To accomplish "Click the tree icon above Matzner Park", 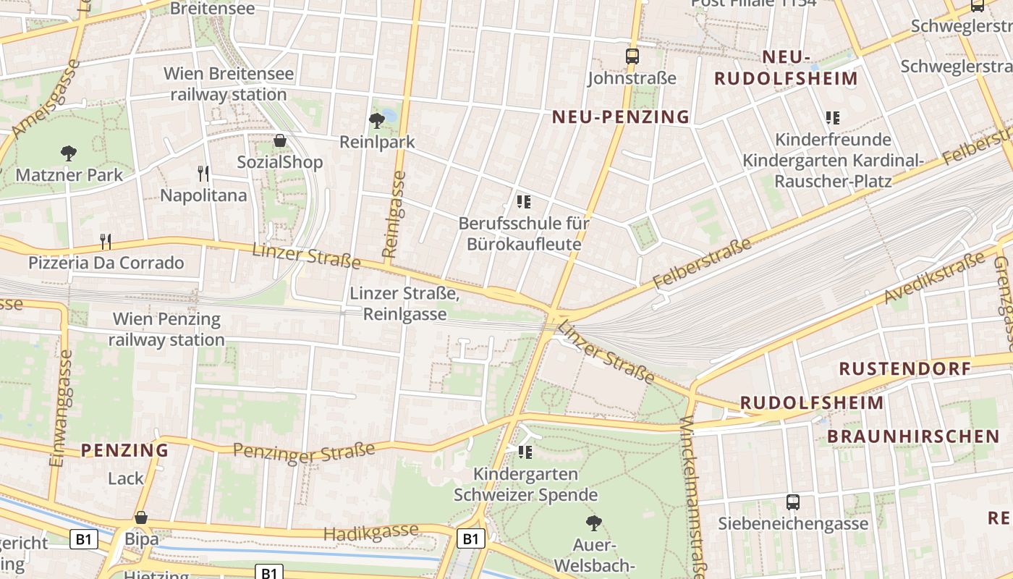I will [x=69, y=153].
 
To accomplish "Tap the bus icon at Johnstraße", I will [x=632, y=56].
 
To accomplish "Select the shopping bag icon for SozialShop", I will [x=280, y=140].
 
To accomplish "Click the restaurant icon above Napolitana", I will [x=203, y=173].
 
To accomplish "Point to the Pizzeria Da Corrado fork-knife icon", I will [x=106, y=240].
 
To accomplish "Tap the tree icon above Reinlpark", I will [x=376, y=120].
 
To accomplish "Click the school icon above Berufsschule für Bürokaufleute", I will [x=524, y=201].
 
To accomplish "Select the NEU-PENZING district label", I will [x=621, y=117].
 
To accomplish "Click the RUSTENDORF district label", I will [x=904, y=368].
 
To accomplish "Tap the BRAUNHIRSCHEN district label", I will [x=913, y=436].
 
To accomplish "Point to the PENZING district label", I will [x=124, y=450].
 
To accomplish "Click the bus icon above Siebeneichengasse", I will [x=793, y=502].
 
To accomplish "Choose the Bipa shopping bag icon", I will [x=141, y=517].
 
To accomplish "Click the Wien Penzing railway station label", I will [x=167, y=329].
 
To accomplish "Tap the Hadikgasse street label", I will [x=370, y=533].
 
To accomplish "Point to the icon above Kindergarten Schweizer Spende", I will [x=525, y=452].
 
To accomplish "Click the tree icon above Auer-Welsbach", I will [x=594, y=522].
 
